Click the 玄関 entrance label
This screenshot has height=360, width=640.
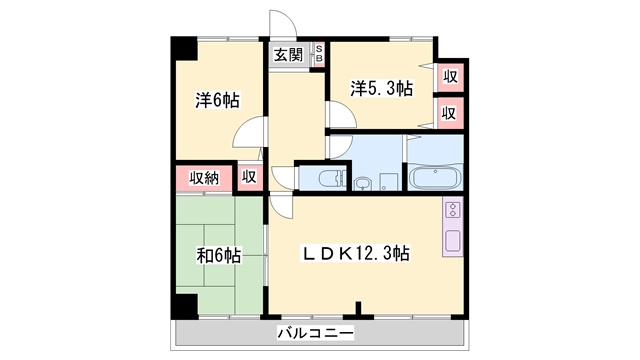[x=289, y=55]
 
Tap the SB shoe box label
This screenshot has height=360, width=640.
[x=319, y=54]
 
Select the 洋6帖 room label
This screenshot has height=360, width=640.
[x=216, y=100]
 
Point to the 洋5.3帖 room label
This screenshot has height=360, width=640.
[x=381, y=88]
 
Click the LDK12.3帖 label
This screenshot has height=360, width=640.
[x=357, y=254]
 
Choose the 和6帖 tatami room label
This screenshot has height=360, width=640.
[x=217, y=256]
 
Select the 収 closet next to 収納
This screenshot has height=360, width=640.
[x=249, y=178]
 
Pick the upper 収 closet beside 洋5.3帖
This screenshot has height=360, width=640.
[x=450, y=76]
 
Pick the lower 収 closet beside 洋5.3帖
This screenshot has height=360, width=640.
[x=450, y=113]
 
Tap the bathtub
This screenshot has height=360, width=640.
[x=433, y=179]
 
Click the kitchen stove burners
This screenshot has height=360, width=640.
[x=452, y=211]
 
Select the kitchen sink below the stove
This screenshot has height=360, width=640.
[x=452, y=241]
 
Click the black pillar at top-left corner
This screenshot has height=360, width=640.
[x=182, y=48]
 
